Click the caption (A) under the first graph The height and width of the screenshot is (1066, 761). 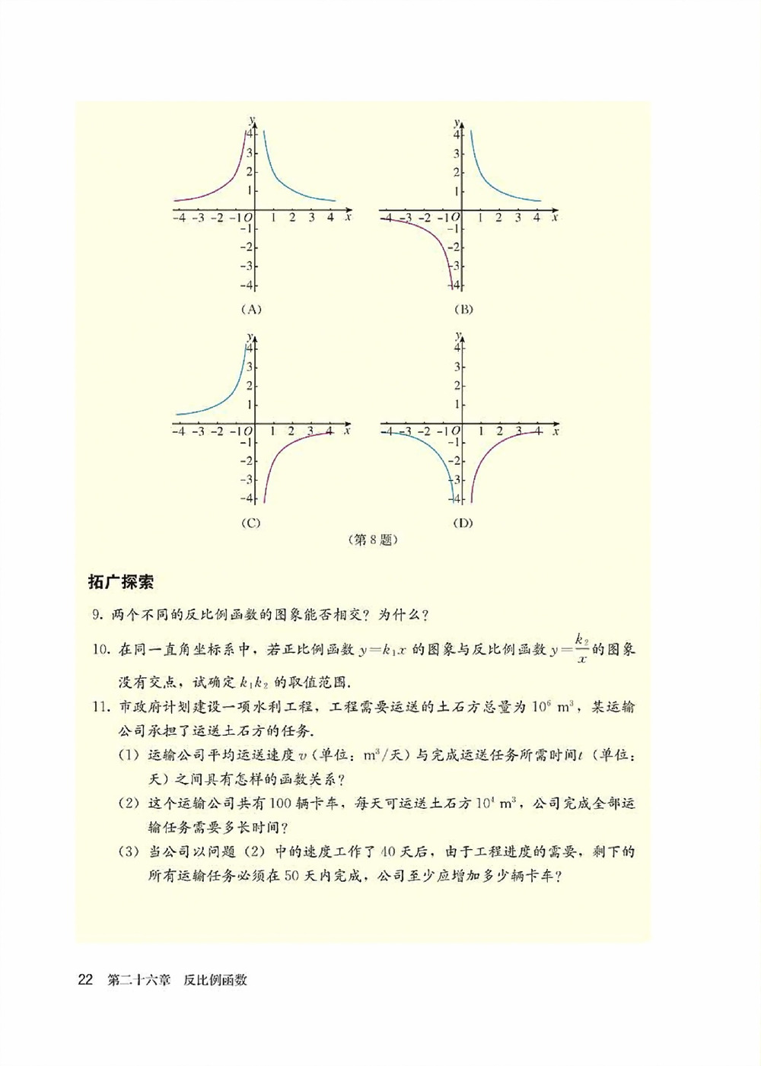point(250,309)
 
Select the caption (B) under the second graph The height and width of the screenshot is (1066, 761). point(463,309)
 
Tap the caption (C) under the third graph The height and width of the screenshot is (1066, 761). point(250,523)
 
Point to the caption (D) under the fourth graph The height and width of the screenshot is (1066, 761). point(463,523)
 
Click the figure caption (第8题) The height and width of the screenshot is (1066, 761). point(373,540)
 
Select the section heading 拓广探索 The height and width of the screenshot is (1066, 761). point(121,582)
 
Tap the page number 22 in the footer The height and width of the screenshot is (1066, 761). point(85,979)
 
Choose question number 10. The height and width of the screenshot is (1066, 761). point(100,650)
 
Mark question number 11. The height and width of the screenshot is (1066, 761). point(100,707)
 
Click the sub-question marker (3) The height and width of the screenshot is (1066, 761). point(129,851)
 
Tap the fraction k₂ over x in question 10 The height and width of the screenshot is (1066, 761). point(582,649)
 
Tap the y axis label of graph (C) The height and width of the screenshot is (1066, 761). point(250,335)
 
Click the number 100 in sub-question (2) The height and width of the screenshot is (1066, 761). point(281,803)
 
